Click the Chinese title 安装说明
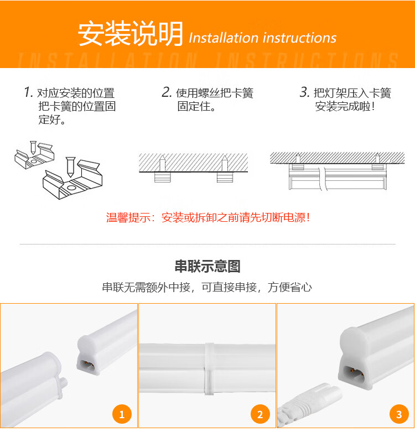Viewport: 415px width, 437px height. click(x=130, y=34)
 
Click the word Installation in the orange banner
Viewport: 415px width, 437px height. click(x=224, y=38)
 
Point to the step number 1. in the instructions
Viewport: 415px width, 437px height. click(x=28, y=92)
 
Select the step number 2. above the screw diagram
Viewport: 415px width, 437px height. click(x=167, y=92)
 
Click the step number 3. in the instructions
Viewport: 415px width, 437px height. click(x=304, y=92)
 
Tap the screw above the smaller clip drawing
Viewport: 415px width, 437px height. click(x=33, y=148)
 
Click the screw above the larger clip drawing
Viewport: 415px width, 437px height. click(x=70, y=167)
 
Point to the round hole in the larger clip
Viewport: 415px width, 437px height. click(x=71, y=188)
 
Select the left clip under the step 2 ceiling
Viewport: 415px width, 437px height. click(x=163, y=177)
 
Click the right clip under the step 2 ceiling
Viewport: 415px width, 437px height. click(x=225, y=177)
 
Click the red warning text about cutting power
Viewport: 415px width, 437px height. click(x=208, y=217)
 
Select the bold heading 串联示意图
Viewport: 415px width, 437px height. click(x=207, y=266)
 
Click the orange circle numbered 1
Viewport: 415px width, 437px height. click(x=122, y=414)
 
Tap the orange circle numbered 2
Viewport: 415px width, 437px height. click(x=260, y=414)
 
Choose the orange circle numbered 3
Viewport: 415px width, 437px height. click(x=399, y=414)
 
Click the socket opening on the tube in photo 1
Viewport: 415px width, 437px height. click(x=87, y=363)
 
